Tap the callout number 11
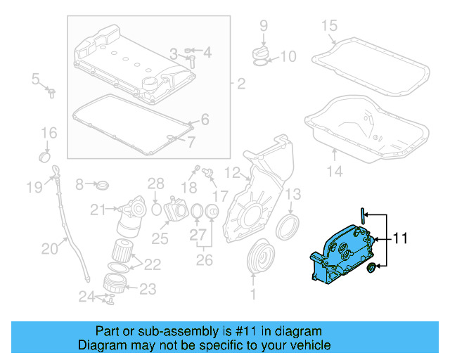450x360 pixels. [x=400, y=239]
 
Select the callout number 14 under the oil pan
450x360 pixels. [x=335, y=171]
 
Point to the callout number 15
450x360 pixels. [x=330, y=26]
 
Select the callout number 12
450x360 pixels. [x=232, y=171]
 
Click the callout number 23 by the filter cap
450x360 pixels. [x=148, y=288]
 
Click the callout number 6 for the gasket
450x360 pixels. [x=205, y=120]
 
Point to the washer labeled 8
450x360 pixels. [x=103, y=186]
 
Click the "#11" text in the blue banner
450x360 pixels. [x=250, y=331]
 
